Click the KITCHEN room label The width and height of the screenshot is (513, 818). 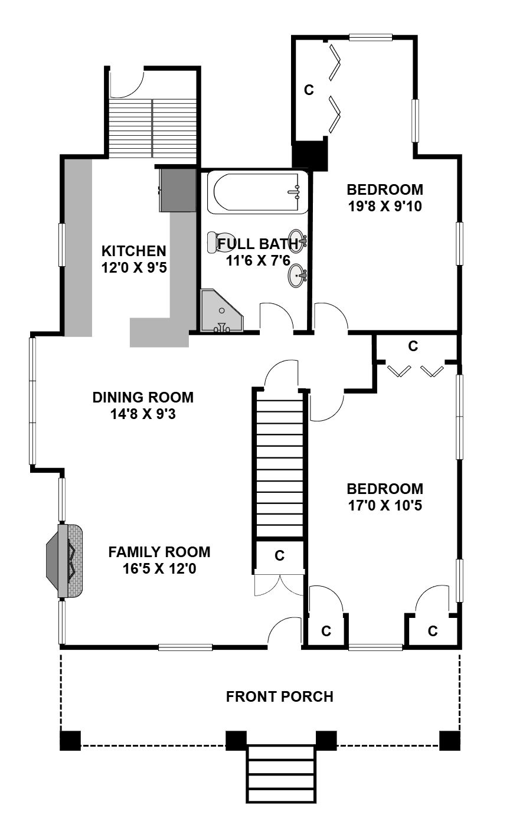click(134, 251)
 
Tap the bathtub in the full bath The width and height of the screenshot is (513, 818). click(257, 192)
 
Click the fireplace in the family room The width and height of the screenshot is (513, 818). click(65, 561)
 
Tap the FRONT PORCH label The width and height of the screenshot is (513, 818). click(279, 697)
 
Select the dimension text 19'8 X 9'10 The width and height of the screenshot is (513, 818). click(385, 207)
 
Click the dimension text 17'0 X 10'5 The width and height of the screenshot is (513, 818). click(385, 505)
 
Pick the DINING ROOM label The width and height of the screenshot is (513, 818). click(143, 397)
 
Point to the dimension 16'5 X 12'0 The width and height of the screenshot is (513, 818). click(159, 568)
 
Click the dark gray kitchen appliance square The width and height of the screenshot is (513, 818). click(178, 190)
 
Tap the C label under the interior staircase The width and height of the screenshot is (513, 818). click(279, 555)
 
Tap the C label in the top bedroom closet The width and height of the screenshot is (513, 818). click(309, 90)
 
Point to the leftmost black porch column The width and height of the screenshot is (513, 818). click(70, 741)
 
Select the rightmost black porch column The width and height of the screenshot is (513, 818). click(450, 741)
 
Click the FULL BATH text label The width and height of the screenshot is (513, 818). click(258, 244)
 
